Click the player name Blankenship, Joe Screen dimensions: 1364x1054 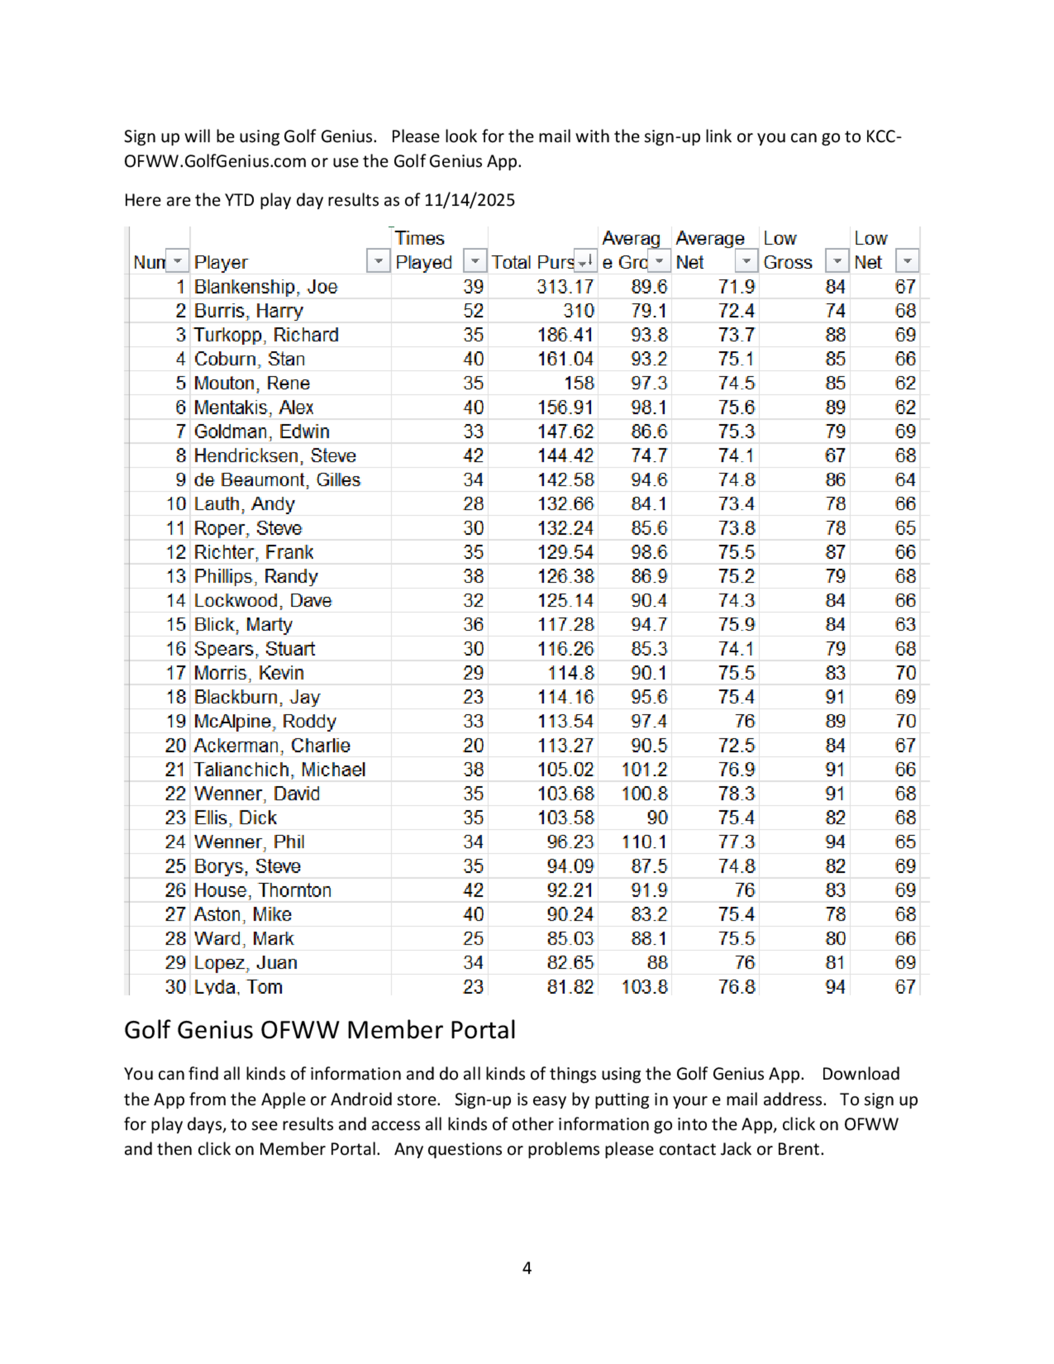click(x=266, y=287)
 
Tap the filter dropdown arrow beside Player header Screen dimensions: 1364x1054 click(x=378, y=261)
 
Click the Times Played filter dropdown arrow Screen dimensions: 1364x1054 click(x=474, y=261)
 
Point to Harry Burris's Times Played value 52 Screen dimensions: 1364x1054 click(x=473, y=311)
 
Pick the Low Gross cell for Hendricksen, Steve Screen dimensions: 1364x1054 click(x=834, y=456)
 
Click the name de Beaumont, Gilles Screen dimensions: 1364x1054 click(x=277, y=480)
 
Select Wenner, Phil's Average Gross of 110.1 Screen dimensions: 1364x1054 click(x=644, y=842)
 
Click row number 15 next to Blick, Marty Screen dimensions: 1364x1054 click(x=175, y=625)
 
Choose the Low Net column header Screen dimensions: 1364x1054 click(x=870, y=250)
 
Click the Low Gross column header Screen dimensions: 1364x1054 click(x=787, y=250)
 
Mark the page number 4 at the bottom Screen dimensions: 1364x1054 click(x=526, y=1268)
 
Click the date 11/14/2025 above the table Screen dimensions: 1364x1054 click(x=469, y=200)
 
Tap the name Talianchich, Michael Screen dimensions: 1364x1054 click(x=279, y=769)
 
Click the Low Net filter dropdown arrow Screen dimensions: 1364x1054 click(x=906, y=261)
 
